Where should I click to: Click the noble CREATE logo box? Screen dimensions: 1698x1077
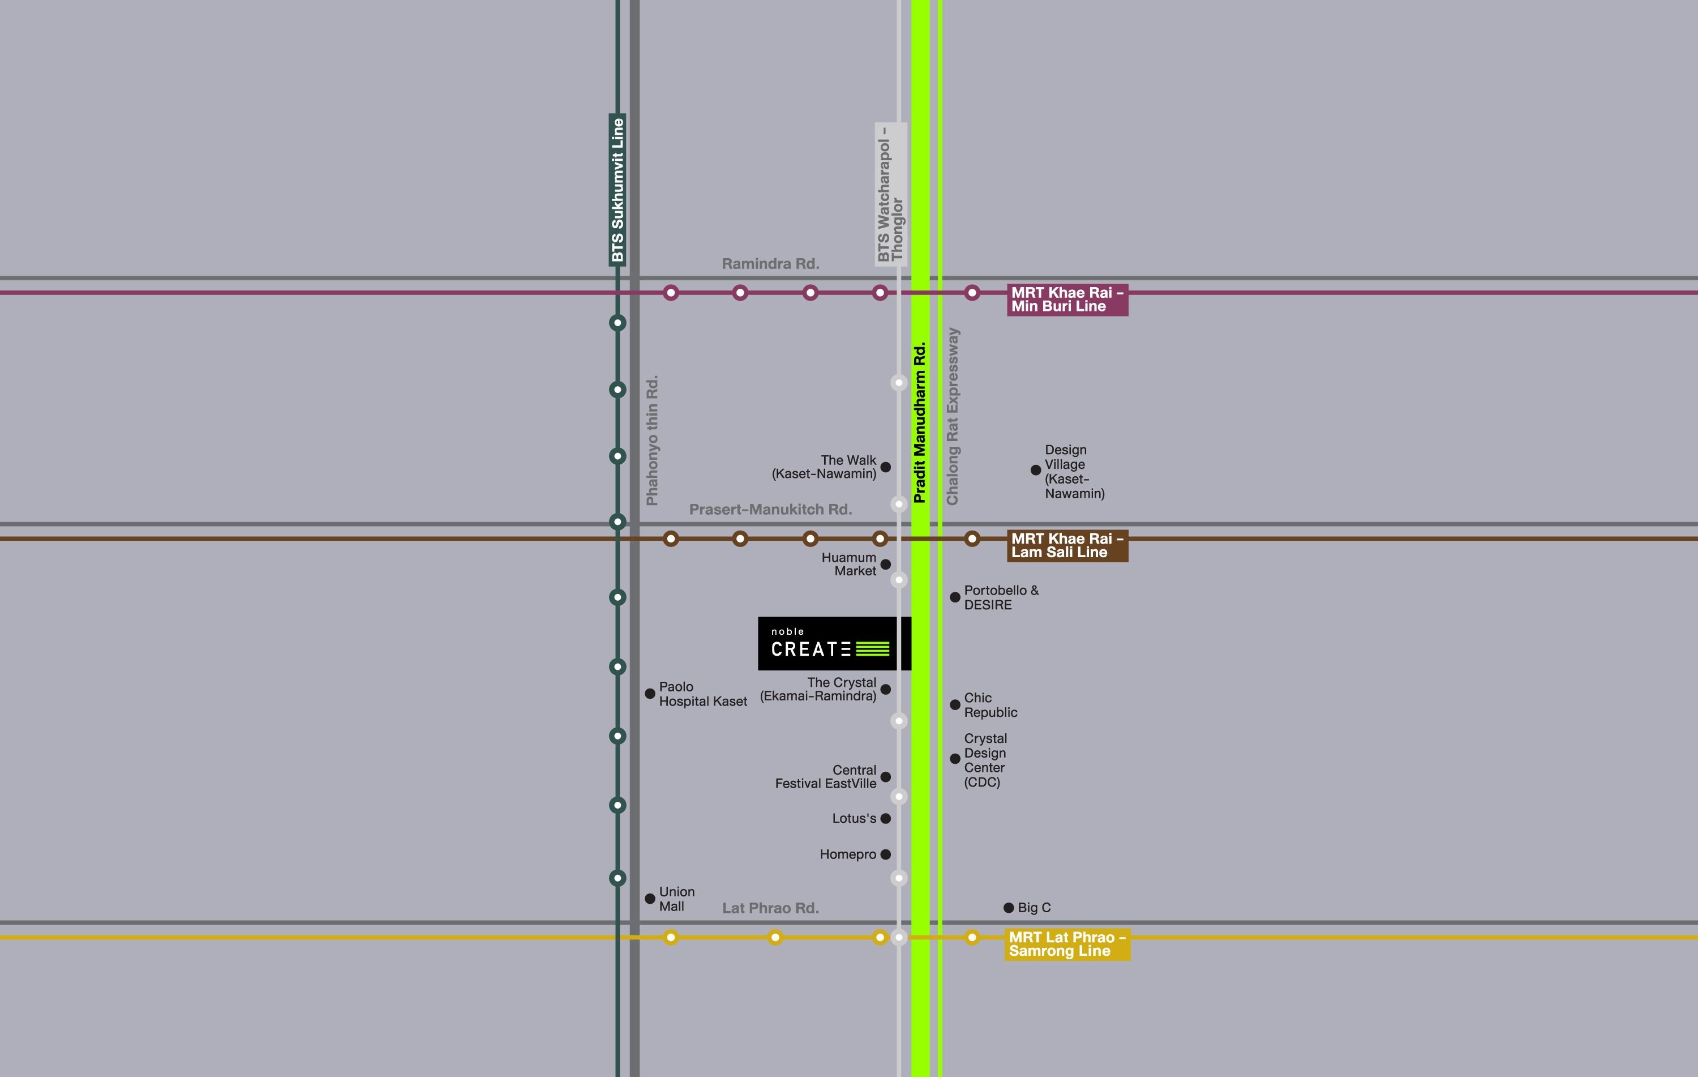[x=834, y=643]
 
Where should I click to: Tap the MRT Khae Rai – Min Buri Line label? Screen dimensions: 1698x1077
[x=1067, y=300]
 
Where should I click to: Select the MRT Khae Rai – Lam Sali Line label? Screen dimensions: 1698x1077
[x=1067, y=546]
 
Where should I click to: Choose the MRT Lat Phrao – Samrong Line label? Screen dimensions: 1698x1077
[x=1067, y=944]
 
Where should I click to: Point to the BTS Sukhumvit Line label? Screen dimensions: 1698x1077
[x=618, y=190]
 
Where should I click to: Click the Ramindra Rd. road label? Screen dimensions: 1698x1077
[x=770, y=264]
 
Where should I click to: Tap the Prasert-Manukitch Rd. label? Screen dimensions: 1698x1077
[x=770, y=509]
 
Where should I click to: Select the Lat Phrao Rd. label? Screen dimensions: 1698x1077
[x=770, y=908]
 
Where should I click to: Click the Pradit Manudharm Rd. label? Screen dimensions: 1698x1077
[x=920, y=422]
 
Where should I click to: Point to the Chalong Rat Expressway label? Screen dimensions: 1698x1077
[x=953, y=416]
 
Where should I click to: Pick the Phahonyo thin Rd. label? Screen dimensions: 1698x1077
[x=652, y=440]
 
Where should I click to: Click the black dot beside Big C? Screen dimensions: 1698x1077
[x=1009, y=908]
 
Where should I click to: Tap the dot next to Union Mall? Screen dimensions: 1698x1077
[x=650, y=899]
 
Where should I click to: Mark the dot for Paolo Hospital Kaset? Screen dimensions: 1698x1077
[x=650, y=694]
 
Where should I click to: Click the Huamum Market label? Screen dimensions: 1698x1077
[x=849, y=564]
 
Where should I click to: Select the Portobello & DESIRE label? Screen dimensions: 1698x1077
[x=1001, y=597]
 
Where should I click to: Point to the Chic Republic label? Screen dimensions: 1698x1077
[x=990, y=704]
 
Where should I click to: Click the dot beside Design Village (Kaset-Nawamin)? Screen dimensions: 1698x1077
[x=1036, y=470]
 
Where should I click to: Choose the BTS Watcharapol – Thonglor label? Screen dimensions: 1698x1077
[x=891, y=195]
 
